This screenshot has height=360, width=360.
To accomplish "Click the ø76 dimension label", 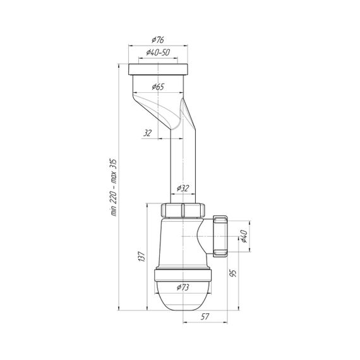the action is point(158,40).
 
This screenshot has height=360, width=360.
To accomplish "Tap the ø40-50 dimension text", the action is point(158,52).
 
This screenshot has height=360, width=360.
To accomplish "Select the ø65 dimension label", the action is point(158,87).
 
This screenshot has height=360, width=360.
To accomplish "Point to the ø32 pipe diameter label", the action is point(183,188).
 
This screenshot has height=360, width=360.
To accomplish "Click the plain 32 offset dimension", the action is point(147,133).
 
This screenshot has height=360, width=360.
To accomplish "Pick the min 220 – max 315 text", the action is point(114,187).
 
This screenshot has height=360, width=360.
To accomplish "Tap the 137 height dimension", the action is point(141,256).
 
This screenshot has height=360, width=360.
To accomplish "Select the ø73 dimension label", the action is point(183,287).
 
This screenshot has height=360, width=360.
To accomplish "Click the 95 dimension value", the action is point(233,273).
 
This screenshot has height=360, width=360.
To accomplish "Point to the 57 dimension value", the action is point(205,316).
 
